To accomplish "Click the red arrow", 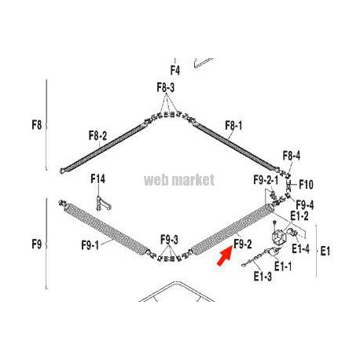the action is click(x=225, y=256).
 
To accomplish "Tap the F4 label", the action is click(x=175, y=70).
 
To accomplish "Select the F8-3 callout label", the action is click(x=166, y=87).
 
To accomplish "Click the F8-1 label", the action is click(x=233, y=126).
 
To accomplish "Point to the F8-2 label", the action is click(x=97, y=136).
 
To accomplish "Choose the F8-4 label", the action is click(x=292, y=156).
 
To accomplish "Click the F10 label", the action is click(x=306, y=185).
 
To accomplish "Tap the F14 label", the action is click(x=98, y=179).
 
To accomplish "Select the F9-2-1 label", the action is click(x=266, y=180).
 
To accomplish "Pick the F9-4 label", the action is click(x=305, y=204).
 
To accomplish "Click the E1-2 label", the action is click(x=299, y=215).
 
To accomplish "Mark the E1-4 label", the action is click(x=300, y=248).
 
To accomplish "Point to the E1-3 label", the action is click(x=263, y=277).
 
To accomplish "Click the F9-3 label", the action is click(x=169, y=240).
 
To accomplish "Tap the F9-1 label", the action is click(x=90, y=245).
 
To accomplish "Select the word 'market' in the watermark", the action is click(x=194, y=180).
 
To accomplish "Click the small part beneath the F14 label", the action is click(x=104, y=204).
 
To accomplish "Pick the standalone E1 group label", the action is click(x=325, y=252).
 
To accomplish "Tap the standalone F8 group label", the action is click(x=37, y=125).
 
